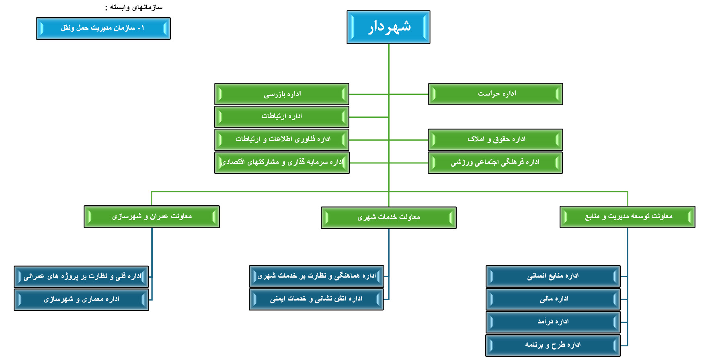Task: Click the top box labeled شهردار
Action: [388, 27]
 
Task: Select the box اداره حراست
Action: [495, 94]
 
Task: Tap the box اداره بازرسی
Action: [281, 94]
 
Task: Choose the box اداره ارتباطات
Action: [281, 117]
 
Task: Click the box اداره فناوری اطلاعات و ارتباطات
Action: [281, 139]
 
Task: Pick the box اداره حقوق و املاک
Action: [495, 139]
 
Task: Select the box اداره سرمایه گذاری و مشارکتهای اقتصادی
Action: [282, 162]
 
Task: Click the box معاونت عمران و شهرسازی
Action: [152, 217]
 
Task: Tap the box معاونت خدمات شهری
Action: [388, 217]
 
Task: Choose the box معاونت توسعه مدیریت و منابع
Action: [627, 217]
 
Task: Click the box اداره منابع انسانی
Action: [553, 276]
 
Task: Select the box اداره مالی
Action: [553, 299]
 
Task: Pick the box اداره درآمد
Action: [553, 322]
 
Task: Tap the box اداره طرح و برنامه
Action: [553, 345]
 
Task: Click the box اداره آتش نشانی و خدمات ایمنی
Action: [316, 299]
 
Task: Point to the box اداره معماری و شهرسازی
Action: [81, 300]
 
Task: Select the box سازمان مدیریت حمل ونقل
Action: [103, 28]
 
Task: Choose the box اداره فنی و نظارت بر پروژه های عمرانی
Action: [81, 276]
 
